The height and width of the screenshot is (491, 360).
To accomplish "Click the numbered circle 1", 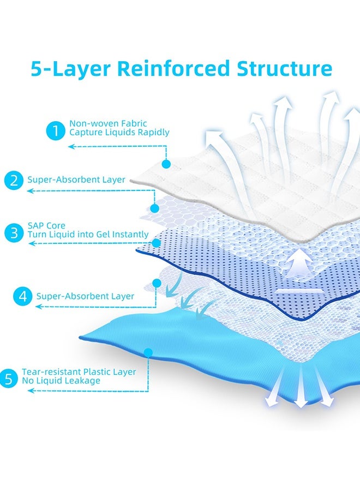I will click(55, 131).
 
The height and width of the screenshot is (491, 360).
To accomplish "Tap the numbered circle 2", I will click(13, 179).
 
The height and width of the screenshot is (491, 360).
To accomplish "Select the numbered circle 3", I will click(13, 233).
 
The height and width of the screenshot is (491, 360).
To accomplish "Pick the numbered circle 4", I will click(22, 296).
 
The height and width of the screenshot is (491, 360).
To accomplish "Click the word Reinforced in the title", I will click(176, 69).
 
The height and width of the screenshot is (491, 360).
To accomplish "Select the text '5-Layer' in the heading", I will click(70, 69).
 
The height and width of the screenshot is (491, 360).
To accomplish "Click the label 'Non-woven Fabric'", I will click(108, 123).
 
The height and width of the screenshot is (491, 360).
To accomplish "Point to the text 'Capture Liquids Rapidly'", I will click(119, 132).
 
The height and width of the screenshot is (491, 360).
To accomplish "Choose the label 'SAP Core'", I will click(46, 225).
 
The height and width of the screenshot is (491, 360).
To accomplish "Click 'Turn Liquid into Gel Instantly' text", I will click(88, 234).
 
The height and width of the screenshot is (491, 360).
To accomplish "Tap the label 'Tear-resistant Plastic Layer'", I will click(79, 372).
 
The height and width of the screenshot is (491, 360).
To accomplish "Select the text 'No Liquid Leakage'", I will click(61, 380).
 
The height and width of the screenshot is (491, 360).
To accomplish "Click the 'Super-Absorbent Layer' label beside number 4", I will click(85, 296).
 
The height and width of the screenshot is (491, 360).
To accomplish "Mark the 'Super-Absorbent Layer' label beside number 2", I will click(76, 179).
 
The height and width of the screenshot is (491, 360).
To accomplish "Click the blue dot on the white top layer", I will click(166, 163).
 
